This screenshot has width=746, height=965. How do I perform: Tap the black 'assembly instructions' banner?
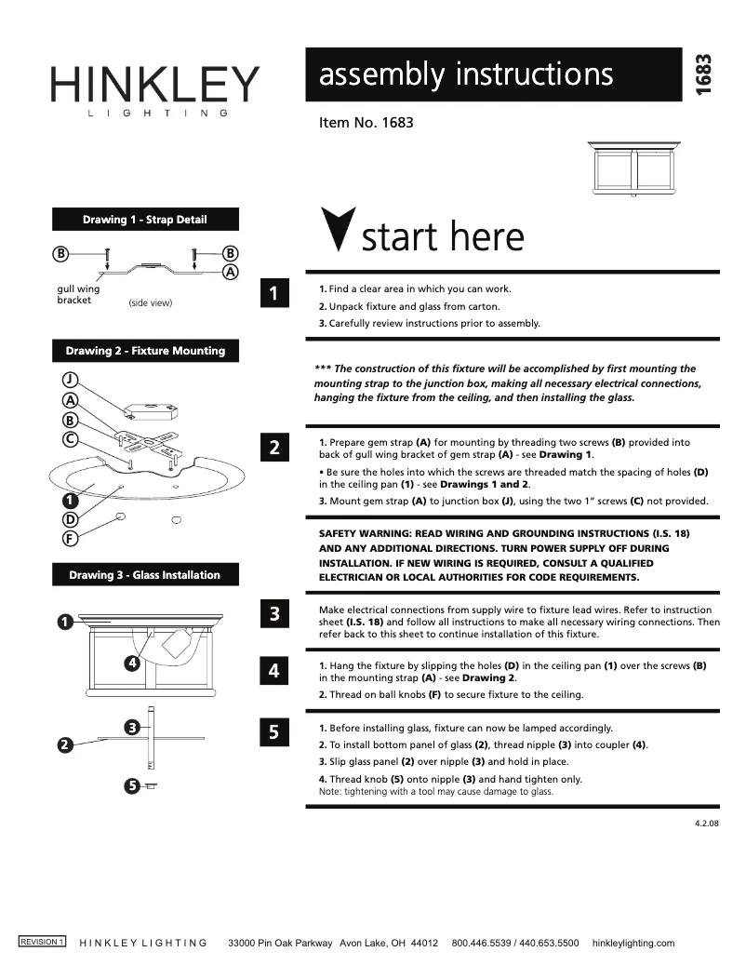493,74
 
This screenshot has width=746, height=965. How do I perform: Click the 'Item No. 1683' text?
366,122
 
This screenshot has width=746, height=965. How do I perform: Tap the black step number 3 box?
273,614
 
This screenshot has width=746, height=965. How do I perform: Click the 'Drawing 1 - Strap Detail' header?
145,220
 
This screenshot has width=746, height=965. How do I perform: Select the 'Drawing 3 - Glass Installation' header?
144,575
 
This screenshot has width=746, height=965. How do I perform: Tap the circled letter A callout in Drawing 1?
231,272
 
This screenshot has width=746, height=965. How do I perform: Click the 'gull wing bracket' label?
78,295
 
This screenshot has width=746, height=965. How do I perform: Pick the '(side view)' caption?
150,303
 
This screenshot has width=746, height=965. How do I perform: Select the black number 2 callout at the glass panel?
64,744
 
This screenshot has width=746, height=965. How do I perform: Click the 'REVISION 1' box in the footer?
43,942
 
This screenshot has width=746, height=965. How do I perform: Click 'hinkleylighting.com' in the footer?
633,943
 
